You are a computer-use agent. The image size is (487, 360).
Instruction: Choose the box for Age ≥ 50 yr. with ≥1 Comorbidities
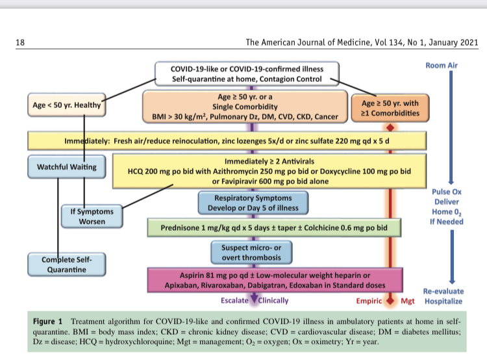(390, 107)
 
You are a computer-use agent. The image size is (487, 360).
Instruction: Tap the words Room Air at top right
(444, 66)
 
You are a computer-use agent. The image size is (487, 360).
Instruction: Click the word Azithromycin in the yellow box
(222, 170)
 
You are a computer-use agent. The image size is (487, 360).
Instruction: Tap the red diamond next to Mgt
(390, 301)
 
